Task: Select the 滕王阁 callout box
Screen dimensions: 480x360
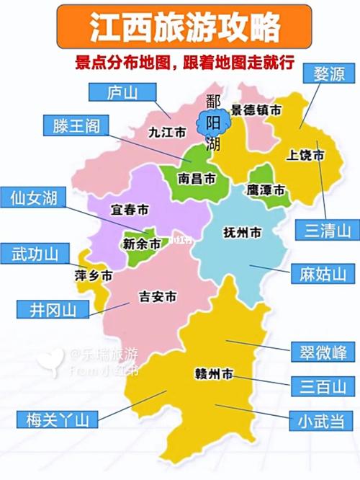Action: [76, 126]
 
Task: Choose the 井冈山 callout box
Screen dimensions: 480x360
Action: [53, 309]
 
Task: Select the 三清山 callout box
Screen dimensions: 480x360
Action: [327, 230]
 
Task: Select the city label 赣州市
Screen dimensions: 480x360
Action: [214, 374]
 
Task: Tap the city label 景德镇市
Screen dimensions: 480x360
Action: [256, 111]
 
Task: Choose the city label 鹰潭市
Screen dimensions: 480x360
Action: [266, 189]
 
